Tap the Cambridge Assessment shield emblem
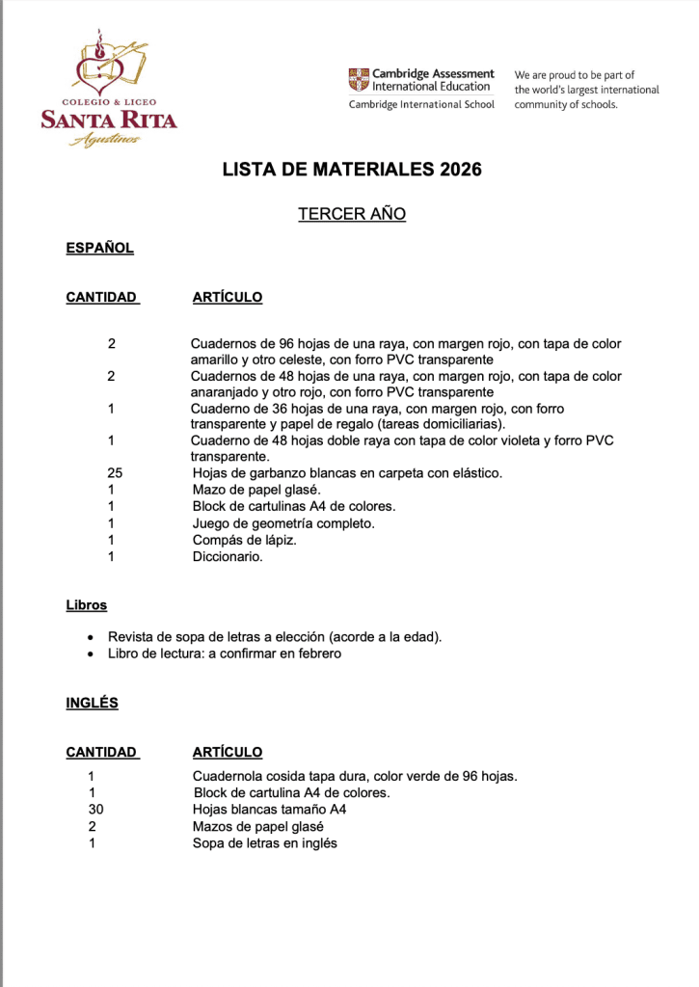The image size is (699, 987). click(358, 79)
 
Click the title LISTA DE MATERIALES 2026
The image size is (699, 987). click(352, 171)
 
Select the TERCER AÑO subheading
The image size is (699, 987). click(352, 214)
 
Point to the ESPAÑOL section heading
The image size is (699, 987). click(99, 249)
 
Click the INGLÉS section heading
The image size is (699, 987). click(92, 704)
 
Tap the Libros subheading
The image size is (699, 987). click(86, 605)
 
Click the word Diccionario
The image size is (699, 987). click(228, 556)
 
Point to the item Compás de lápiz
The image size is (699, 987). click(244, 540)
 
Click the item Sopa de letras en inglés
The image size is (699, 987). click(264, 843)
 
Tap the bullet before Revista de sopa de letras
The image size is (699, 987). click(90, 638)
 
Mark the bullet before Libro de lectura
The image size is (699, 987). click(90, 654)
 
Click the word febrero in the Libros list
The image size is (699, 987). click(317, 654)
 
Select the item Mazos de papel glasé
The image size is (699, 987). click(257, 826)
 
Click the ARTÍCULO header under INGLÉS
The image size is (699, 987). click(227, 753)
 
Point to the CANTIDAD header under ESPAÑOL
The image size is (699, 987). click(101, 298)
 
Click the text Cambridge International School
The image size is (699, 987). click(421, 104)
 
